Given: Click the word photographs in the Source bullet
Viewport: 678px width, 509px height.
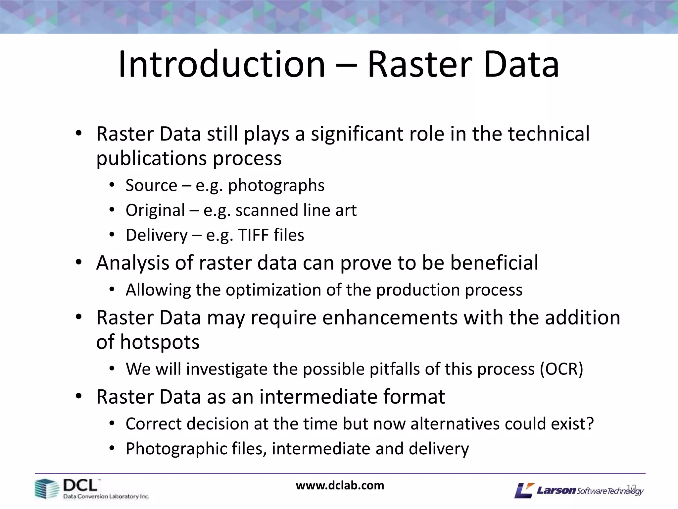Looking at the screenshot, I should (276, 186).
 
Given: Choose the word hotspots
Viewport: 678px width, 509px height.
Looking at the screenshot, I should (160, 342).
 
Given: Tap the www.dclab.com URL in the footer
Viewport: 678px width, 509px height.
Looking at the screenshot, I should (340, 485).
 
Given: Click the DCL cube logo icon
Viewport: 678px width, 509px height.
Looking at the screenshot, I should (46, 488).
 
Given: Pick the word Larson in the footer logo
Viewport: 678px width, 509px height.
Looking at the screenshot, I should (556, 490).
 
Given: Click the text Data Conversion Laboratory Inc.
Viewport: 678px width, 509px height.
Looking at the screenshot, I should (106, 496).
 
